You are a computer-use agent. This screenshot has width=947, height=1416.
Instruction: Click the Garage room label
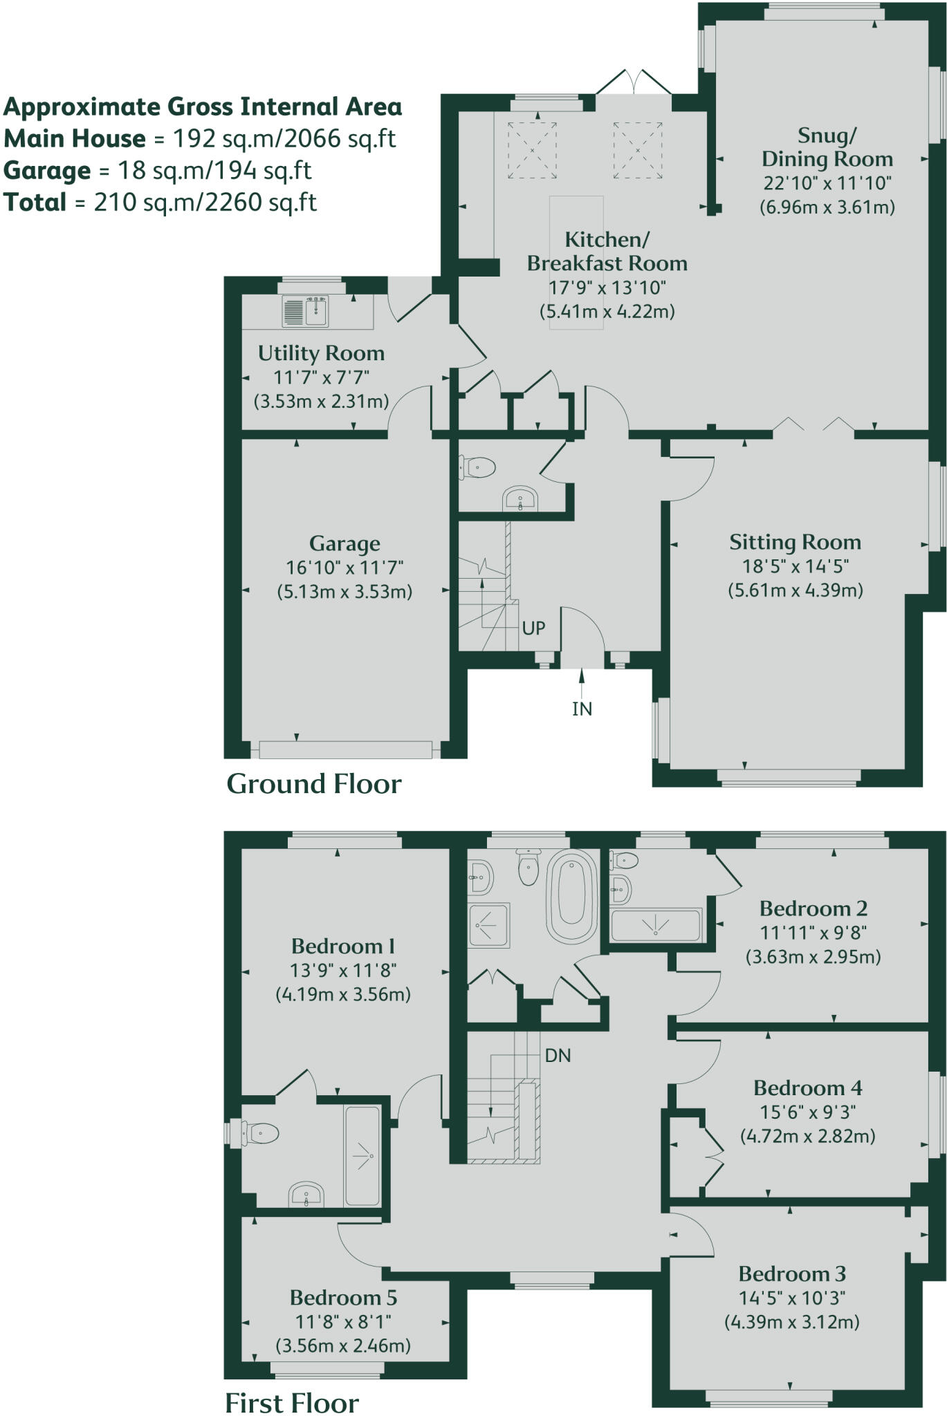[x=344, y=543]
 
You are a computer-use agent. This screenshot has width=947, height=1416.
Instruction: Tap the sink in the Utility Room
[x=306, y=311]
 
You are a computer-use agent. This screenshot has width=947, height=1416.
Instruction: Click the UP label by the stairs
[x=533, y=628]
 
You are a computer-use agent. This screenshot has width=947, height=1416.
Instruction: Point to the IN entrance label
[x=582, y=709]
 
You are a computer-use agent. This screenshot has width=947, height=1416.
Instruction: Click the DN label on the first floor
[x=558, y=1056]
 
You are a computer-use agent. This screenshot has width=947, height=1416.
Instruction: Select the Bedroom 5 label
[x=344, y=1298]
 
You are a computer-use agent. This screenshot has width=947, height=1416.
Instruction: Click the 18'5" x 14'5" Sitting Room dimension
[x=795, y=566]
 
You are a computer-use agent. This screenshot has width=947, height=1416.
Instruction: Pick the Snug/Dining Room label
[x=827, y=147]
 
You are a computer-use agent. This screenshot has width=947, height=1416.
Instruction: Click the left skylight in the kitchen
[x=533, y=150]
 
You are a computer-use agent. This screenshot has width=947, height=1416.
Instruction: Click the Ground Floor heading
[x=313, y=784]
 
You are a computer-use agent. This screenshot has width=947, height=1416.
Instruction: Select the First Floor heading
[x=291, y=1404]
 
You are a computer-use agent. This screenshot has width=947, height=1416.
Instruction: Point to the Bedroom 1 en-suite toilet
[x=261, y=1134]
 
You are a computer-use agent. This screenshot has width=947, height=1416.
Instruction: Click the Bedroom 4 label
[x=807, y=1088]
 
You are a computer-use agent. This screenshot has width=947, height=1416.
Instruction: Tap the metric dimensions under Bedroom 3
[x=791, y=1322]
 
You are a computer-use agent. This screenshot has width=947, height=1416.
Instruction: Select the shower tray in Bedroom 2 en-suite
[x=656, y=925]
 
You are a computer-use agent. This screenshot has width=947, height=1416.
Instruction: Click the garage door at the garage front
[x=345, y=749]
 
